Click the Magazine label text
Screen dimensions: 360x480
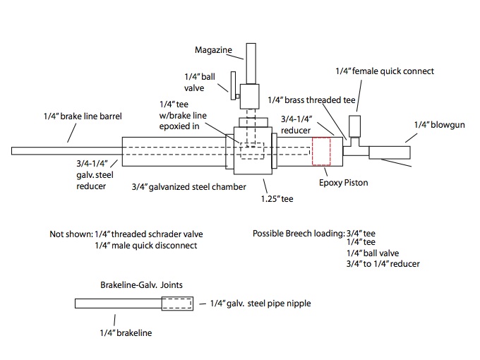[x=214, y=50]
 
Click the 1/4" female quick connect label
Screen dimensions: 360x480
[x=383, y=71]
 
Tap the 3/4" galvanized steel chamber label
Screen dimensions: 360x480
[x=189, y=187]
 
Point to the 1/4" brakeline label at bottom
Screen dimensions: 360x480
[x=124, y=331]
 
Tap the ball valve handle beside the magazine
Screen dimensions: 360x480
[x=232, y=90]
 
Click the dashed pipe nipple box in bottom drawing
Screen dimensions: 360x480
[x=176, y=304]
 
